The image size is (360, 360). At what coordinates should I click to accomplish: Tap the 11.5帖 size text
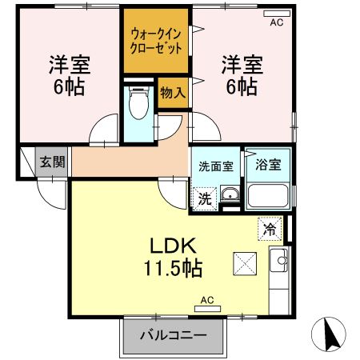172,267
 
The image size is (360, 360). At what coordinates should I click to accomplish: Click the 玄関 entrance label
54,162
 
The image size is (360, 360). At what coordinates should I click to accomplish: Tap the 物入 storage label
173,93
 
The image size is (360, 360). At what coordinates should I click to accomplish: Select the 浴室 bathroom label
267,166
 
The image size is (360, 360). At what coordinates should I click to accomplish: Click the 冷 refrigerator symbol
270,229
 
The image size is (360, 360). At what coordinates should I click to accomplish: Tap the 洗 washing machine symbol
205,198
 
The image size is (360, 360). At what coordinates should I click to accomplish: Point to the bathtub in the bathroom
267,195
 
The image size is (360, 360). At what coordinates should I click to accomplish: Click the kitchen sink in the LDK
281,259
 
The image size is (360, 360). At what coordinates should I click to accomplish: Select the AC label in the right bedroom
276,22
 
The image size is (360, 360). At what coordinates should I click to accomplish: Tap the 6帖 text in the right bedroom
241,86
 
